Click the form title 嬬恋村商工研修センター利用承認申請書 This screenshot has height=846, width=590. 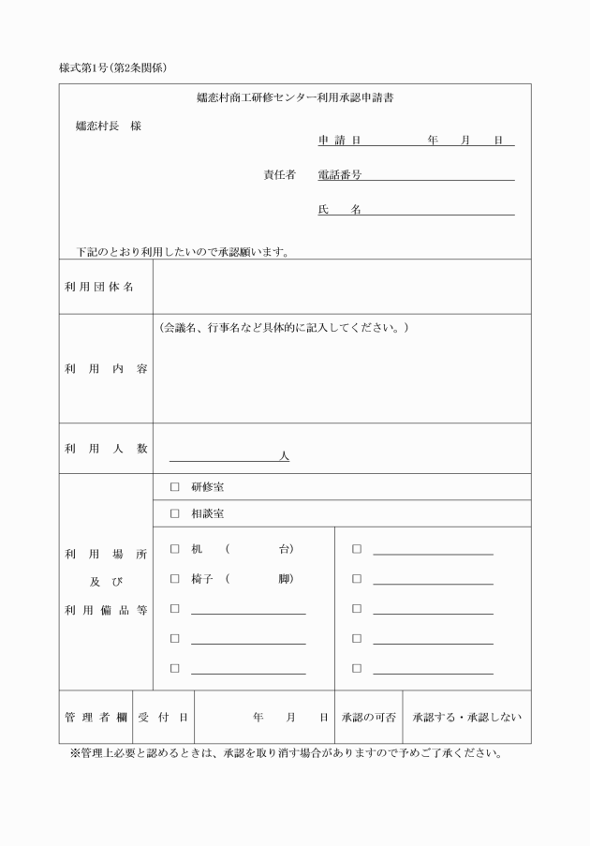pyautogui.click(x=295, y=97)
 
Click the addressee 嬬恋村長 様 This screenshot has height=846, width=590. pyautogui.click(x=108, y=126)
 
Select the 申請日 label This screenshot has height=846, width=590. pyautogui.click(x=339, y=141)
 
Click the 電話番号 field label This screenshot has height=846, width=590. pyautogui.click(x=340, y=174)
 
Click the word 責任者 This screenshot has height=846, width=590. pyautogui.click(x=279, y=174)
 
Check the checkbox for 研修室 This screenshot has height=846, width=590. pyautogui.click(x=174, y=487)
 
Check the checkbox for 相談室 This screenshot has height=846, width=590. pyautogui.click(x=174, y=513)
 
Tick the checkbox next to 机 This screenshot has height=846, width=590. pyautogui.click(x=174, y=548)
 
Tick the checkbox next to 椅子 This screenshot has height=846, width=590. pyautogui.click(x=174, y=579)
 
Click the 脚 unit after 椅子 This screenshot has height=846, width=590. pyautogui.click(x=284, y=579)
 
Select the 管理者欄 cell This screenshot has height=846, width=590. pyautogui.click(x=96, y=717)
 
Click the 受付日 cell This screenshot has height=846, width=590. pyautogui.click(x=164, y=717)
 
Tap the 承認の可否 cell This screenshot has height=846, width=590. pyautogui.click(x=368, y=717)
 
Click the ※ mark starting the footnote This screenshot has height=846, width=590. pyautogui.click(x=75, y=753)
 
